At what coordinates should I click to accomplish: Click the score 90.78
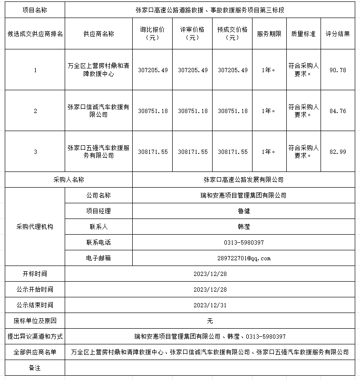338,70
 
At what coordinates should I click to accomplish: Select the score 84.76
338,111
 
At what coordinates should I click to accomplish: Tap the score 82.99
338,152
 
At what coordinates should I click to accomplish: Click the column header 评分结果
338,34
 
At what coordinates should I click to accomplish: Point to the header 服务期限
269,34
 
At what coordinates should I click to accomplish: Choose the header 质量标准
303,34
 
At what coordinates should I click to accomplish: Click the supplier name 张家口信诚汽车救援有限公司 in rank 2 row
98,111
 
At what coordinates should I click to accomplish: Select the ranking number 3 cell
35,152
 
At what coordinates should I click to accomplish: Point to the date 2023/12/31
210,305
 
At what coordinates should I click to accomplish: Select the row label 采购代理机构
35,227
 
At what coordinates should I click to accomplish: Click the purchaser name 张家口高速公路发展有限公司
243,180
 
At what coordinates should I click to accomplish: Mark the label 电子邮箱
98,258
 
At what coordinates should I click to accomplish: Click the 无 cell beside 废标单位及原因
210,321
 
